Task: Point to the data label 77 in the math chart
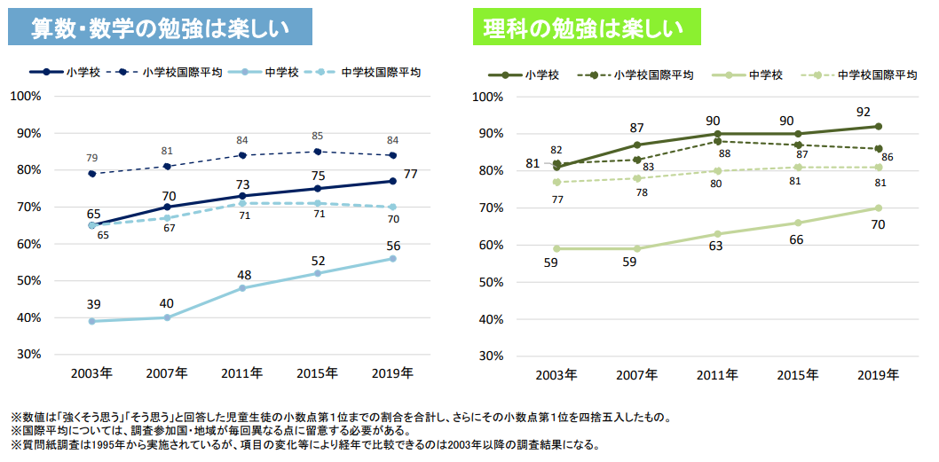pyautogui.click(x=411, y=175)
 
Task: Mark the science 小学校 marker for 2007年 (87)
pyautogui.click(x=637, y=145)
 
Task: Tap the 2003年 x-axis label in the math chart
pyautogui.click(x=92, y=373)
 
